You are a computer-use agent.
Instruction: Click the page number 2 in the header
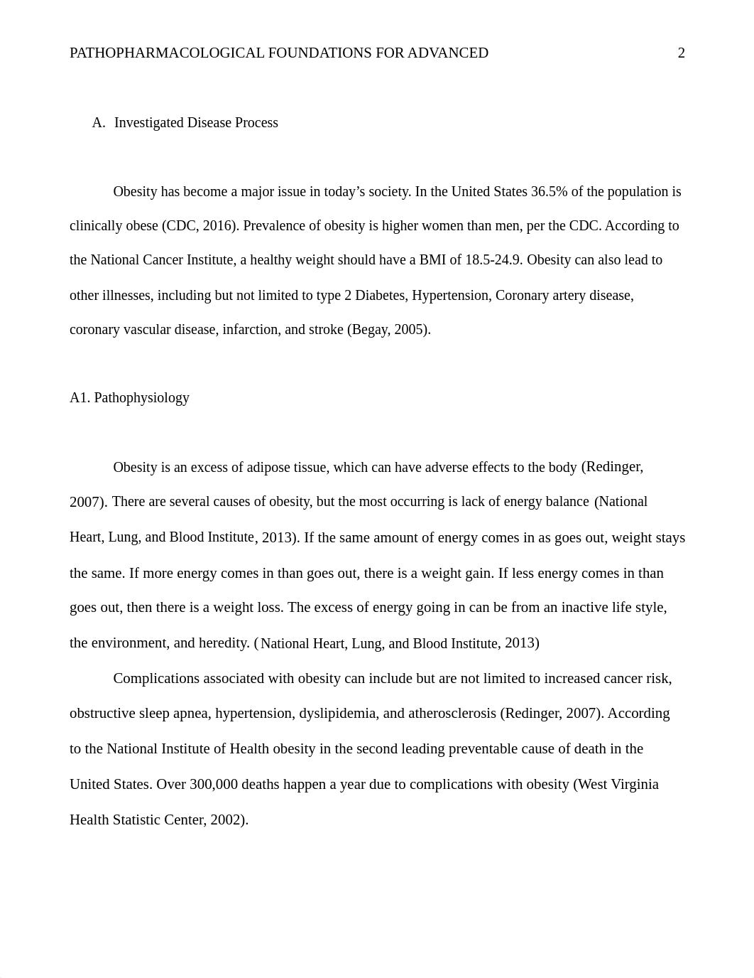[682, 53]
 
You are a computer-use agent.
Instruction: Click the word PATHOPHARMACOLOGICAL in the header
[167, 53]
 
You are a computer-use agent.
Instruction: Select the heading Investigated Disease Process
[196, 123]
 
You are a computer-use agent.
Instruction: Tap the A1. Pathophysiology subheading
[129, 398]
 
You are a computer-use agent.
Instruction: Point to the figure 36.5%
[548, 192]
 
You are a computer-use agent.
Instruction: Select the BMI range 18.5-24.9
[493, 260]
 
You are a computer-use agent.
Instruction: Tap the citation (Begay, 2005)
[388, 330]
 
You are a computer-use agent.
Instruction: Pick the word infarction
[250, 330]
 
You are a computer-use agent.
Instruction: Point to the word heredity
[224, 643]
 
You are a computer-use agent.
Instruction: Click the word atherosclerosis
[452, 714]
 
